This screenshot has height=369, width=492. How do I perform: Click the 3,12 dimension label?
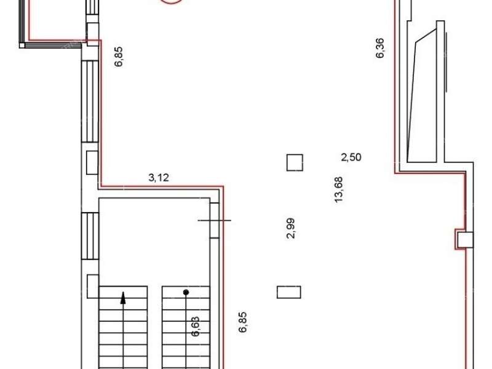coord(159,178)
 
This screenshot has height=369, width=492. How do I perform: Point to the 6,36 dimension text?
coord(379,48)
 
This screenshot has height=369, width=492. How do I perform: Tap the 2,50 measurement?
coord(351,157)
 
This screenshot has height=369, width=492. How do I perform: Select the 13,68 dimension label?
coord(339,190)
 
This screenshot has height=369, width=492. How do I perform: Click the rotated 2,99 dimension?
coord(291,228)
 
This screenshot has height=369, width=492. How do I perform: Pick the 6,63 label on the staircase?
coord(195,327)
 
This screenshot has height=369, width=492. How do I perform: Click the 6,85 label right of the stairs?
coord(242,322)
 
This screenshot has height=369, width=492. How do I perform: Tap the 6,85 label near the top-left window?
coord(119,57)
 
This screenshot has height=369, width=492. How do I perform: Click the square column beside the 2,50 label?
coord(295,162)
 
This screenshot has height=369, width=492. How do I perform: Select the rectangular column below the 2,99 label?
coord(288,292)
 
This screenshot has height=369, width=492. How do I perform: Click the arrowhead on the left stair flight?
coord(124,298)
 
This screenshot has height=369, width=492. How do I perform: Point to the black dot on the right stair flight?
coord(186,293)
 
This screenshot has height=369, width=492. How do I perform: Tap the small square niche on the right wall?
coord(465,240)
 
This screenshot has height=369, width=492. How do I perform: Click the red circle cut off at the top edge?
coord(172,3)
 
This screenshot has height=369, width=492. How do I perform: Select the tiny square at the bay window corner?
coord(22,45)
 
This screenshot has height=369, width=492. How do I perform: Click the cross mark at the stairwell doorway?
coord(214,220)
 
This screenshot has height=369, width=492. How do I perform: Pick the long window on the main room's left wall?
coord(90,101)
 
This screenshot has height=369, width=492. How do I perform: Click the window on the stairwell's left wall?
coord(90,236)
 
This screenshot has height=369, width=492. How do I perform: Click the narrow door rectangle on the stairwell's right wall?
coord(214,220)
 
